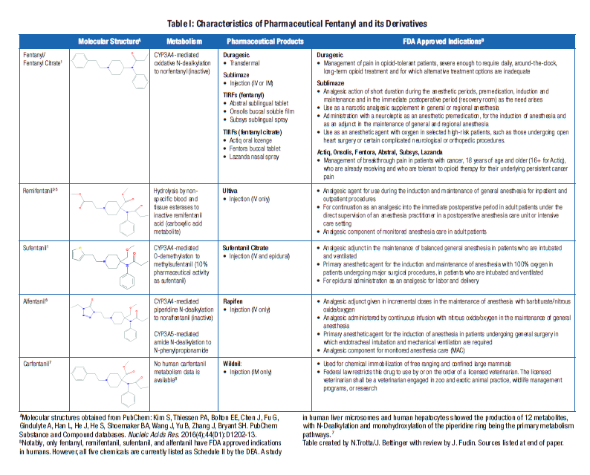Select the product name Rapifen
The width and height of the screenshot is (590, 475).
point(236,300)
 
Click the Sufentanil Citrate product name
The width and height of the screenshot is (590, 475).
point(252,245)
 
